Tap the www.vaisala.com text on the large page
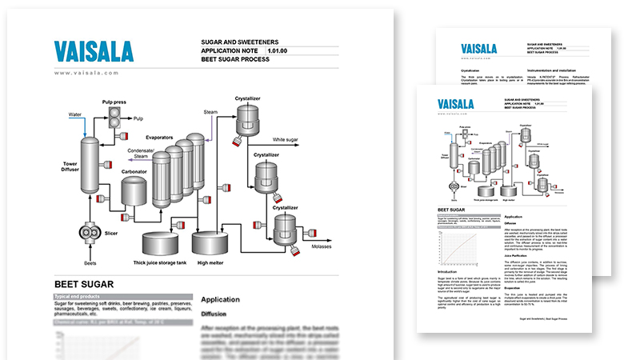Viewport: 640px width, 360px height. coord(86,73)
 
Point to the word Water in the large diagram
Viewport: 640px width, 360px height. coord(75,114)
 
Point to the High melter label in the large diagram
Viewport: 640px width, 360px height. coord(210,262)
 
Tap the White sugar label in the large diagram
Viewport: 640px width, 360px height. coord(290,140)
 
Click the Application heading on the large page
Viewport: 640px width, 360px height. coord(226,298)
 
